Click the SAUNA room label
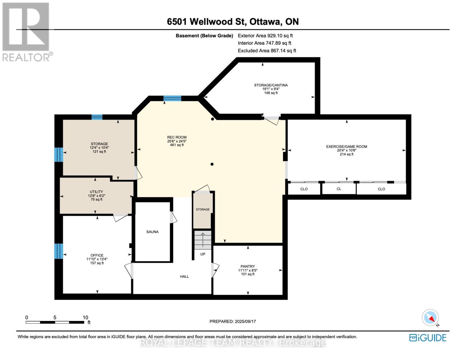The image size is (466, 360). click(x=152, y=232)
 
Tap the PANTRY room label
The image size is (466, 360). click(x=248, y=266)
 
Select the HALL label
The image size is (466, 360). click(x=184, y=277)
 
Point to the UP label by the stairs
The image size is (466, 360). click(x=203, y=254)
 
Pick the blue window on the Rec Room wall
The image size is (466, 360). click(x=172, y=98)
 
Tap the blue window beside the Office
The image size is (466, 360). click(x=58, y=251)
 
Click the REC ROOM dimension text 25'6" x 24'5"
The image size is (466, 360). click(x=177, y=141)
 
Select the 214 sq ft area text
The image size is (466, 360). click(x=347, y=154)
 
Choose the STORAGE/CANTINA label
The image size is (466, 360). click(x=271, y=85)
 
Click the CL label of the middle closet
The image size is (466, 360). click(x=339, y=189)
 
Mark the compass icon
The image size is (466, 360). click(x=430, y=317)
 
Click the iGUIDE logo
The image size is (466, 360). click(x=428, y=338)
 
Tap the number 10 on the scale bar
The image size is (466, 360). click(x=85, y=317)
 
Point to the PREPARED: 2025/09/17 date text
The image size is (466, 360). click(x=233, y=321)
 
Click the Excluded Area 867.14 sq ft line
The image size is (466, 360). click(x=267, y=51)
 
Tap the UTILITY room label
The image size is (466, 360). click(x=96, y=192)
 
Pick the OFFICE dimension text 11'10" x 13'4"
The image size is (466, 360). click(x=97, y=259)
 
